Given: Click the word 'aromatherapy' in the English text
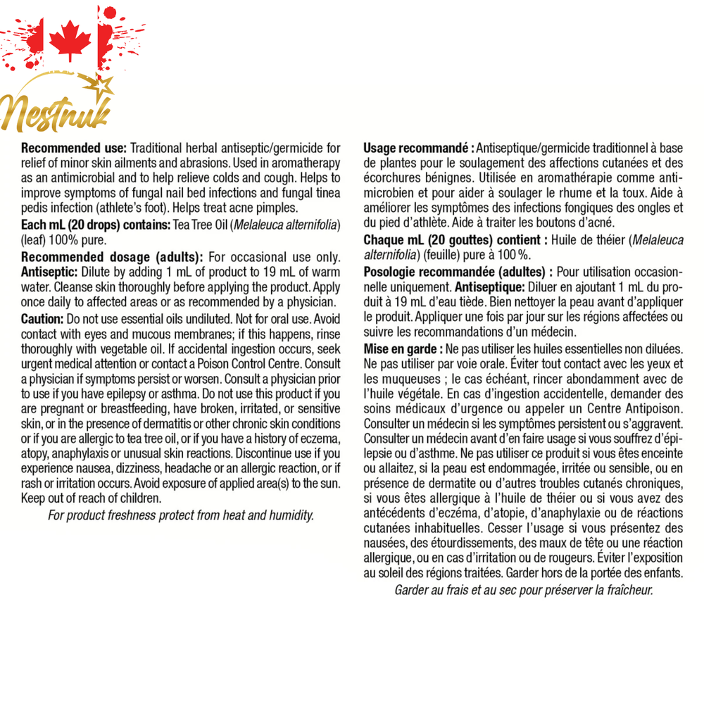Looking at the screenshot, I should pyautogui.click(x=306, y=164).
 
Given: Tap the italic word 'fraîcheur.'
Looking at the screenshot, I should pyautogui.click(x=628, y=590).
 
